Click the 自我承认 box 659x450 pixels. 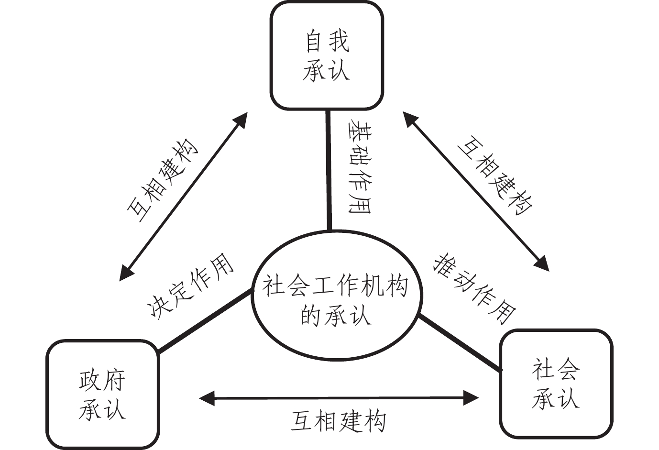[327, 55]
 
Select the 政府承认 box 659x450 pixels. [102, 395]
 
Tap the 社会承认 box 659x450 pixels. [555, 384]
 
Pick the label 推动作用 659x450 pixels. [475, 288]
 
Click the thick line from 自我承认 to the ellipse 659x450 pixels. [329, 170]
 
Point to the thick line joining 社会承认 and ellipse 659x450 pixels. [459, 342]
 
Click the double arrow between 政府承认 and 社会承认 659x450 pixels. [339, 397]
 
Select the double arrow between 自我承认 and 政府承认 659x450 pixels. [184, 196]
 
